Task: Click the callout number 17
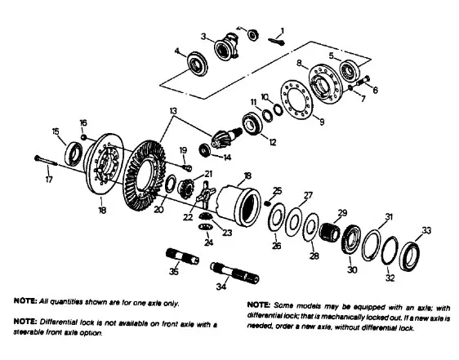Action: (49, 179)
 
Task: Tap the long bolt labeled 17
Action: (47, 160)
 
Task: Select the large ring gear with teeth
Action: (145, 175)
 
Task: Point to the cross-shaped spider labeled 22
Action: (206, 194)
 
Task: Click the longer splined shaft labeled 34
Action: (234, 273)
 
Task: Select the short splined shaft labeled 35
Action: (182, 256)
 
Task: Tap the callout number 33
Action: (426, 231)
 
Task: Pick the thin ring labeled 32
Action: (390, 251)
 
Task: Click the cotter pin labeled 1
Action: (276, 42)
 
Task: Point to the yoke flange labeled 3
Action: (226, 47)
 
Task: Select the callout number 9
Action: (322, 121)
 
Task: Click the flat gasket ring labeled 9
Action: (297, 100)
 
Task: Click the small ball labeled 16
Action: (84, 137)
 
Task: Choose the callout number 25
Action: (277, 191)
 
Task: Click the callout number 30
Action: (352, 269)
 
